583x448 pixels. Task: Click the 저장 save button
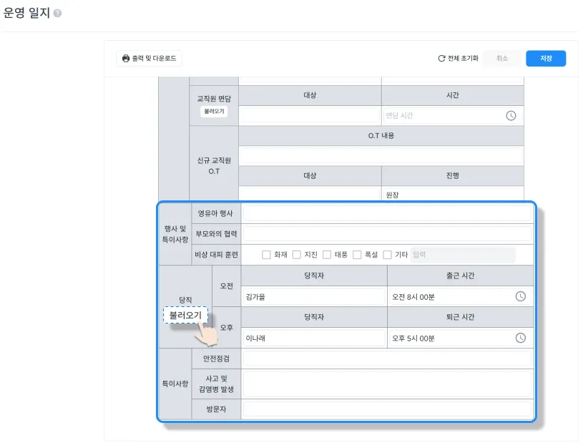point(546,59)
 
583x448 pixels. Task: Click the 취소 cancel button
point(502,59)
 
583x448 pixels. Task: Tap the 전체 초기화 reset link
point(459,59)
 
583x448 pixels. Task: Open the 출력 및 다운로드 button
point(149,59)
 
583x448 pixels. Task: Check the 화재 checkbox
point(266,255)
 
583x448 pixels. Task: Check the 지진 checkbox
point(296,255)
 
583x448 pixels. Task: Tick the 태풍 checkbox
point(327,255)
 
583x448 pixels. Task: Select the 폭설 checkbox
point(357,255)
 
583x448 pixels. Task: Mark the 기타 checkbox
point(387,255)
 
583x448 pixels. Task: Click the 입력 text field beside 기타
point(462,255)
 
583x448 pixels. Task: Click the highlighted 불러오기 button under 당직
point(185,315)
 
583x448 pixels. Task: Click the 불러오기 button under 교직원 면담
point(214,112)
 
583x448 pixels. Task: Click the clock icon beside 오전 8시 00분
point(521,296)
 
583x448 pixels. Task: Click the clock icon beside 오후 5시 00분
point(521,338)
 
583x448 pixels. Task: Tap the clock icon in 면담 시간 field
point(511,115)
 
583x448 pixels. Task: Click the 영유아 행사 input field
point(387,213)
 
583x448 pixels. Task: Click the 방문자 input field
point(387,409)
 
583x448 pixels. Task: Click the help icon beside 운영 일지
point(57,14)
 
